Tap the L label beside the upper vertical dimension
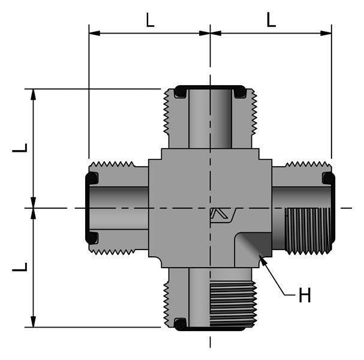tap(20, 148)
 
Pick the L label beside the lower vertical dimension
tap(20, 266)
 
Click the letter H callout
tap(305, 296)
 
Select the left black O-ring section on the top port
tap(180, 92)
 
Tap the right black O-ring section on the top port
tap(239, 92)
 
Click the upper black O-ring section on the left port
tap(92, 179)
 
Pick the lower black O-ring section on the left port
tap(92, 238)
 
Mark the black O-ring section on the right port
tap(328, 178)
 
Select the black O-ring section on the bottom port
tap(180, 324)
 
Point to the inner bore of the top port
tap(210, 120)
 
